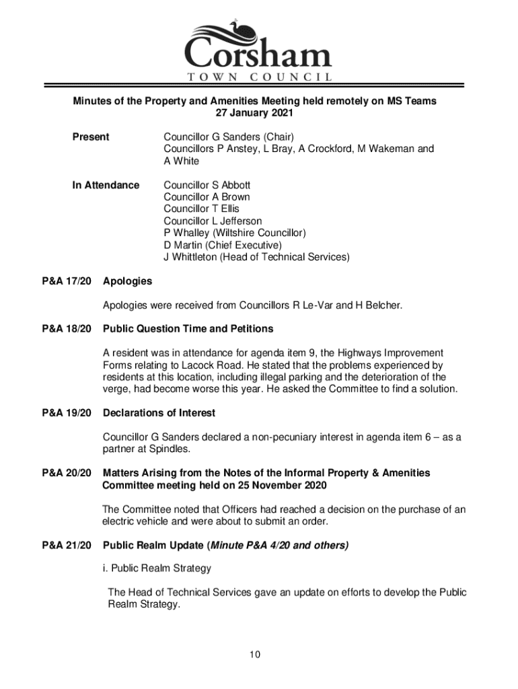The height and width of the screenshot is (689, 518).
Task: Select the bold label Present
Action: pyautogui.click(x=91, y=137)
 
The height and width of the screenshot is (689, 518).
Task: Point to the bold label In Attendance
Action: pyautogui.click(x=106, y=185)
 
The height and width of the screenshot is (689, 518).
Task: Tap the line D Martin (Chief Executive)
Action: pyautogui.click(x=223, y=245)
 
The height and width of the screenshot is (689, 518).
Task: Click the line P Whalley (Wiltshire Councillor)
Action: pyautogui.click(x=235, y=233)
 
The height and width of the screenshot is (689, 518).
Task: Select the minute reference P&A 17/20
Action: pyautogui.click(x=66, y=281)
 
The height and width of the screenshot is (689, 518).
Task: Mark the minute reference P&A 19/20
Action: pyautogui.click(x=66, y=412)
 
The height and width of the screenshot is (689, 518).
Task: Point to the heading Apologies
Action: pyautogui.click(x=127, y=281)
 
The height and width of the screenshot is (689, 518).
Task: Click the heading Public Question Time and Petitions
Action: pyautogui.click(x=188, y=329)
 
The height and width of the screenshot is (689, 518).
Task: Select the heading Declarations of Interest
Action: pyautogui.click(x=159, y=412)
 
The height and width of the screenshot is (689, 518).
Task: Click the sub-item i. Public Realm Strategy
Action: pyautogui.click(x=156, y=569)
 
